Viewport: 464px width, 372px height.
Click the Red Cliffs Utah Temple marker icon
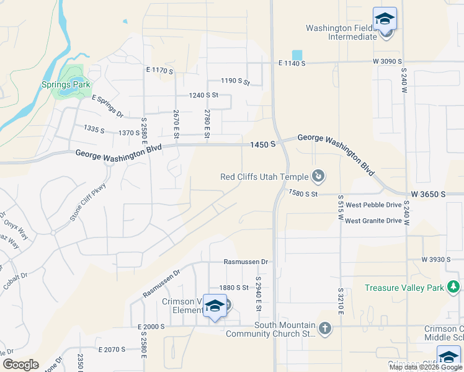318,177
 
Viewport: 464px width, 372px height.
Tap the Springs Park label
66,84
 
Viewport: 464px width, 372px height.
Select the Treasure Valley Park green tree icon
454,287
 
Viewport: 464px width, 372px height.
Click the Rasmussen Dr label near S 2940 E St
246,262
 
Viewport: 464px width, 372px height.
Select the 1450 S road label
262,144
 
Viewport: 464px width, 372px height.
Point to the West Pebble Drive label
373,205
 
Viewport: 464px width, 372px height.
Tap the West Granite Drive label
373,221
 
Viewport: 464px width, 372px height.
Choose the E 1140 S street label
292,63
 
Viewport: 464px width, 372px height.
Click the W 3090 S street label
387,62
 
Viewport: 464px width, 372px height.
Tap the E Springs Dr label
107,106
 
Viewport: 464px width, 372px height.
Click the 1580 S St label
303,194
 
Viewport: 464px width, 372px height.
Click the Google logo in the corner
20,365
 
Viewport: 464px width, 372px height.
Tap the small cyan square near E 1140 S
298,55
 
